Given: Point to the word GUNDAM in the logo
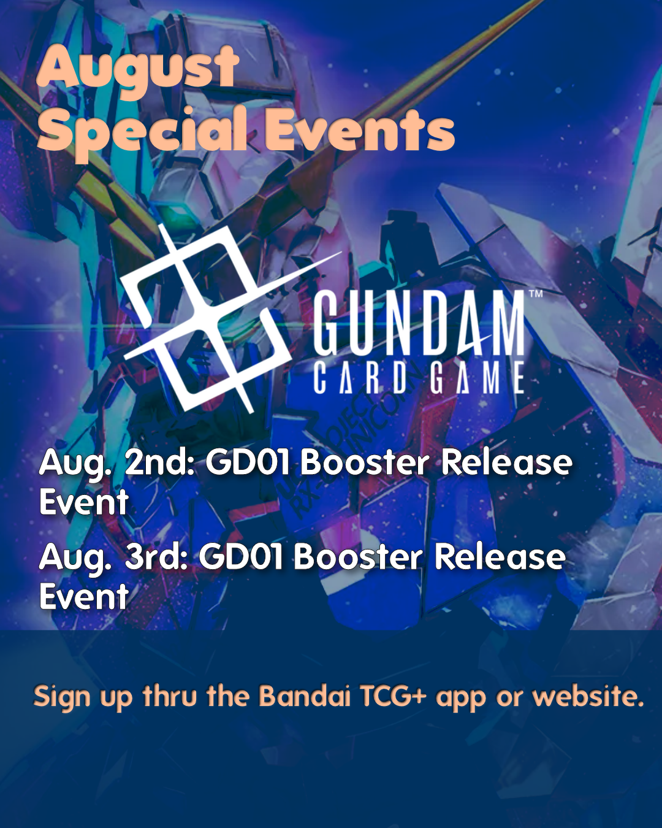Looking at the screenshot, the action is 419,324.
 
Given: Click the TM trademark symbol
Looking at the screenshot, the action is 536,294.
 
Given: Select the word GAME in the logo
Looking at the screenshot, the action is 477,378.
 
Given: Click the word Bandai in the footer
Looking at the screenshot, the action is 304,696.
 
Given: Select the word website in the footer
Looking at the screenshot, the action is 583,696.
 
